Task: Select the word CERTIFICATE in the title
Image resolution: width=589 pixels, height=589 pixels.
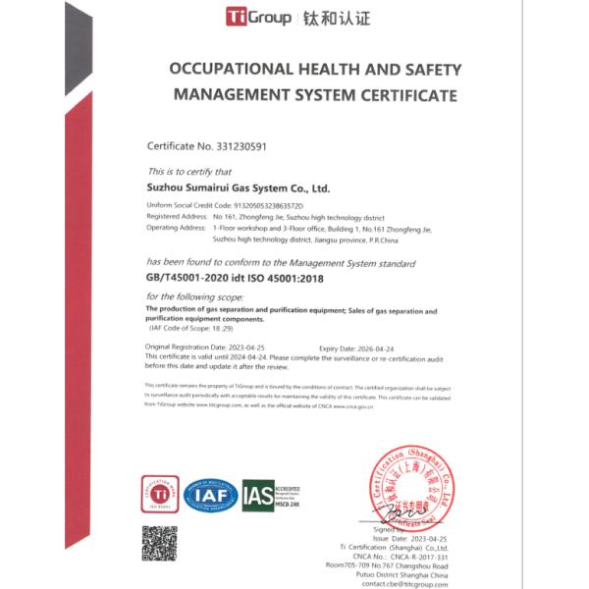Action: point(405,95)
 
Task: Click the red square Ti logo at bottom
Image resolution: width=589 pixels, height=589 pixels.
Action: point(160,495)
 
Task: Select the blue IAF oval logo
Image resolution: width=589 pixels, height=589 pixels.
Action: point(212,495)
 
